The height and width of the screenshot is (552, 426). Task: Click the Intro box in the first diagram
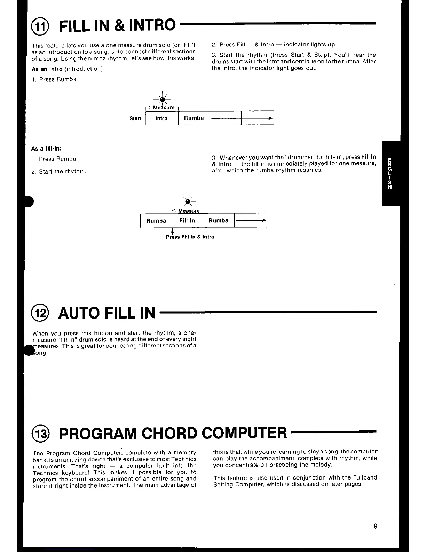161,118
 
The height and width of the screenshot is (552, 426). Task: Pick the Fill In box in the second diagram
187,221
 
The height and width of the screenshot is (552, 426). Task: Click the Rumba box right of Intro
194,118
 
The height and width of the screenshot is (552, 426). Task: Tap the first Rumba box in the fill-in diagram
156,221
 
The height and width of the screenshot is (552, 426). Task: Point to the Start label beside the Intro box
135,118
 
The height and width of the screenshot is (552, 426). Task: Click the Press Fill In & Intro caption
190,237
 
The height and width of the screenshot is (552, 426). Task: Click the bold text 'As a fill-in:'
46,149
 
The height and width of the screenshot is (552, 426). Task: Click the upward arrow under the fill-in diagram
173,231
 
